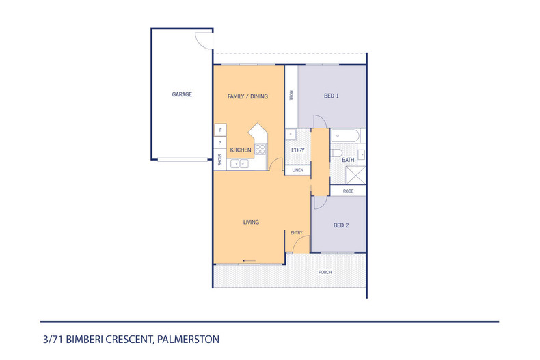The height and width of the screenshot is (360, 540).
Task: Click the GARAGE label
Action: click(x=182, y=94)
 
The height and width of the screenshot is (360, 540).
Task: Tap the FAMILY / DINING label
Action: click(x=247, y=96)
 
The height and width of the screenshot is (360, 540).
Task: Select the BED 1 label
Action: click(x=332, y=96)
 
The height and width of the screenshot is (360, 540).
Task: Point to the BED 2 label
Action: click(x=341, y=225)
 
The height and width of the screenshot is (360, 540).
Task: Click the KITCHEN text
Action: click(x=241, y=150)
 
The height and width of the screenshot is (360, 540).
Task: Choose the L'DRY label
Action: click(x=297, y=150)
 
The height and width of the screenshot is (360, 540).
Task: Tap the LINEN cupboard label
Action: click(x=297, y=170)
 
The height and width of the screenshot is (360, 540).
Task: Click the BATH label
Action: click(x=348, y=160)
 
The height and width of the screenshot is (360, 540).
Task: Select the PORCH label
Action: click(x=325, y=272)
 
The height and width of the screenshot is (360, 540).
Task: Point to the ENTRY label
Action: click(x=296, y=233)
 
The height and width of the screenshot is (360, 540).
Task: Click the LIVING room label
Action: click(x=251, y=222)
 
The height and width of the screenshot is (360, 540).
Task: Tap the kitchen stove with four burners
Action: click(x=260, y=148)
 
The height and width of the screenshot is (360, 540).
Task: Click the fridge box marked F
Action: click(x=220, y=130)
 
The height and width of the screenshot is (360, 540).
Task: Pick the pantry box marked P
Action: click(x=220, y=143)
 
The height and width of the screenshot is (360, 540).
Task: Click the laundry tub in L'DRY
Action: click(x=291, y=134)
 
